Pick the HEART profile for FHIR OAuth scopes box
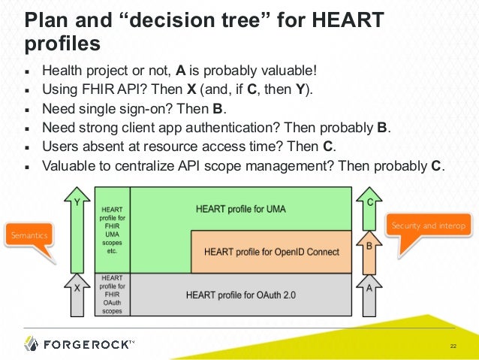(112, 294)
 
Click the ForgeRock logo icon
(31, 343)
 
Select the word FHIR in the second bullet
(89, 91)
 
